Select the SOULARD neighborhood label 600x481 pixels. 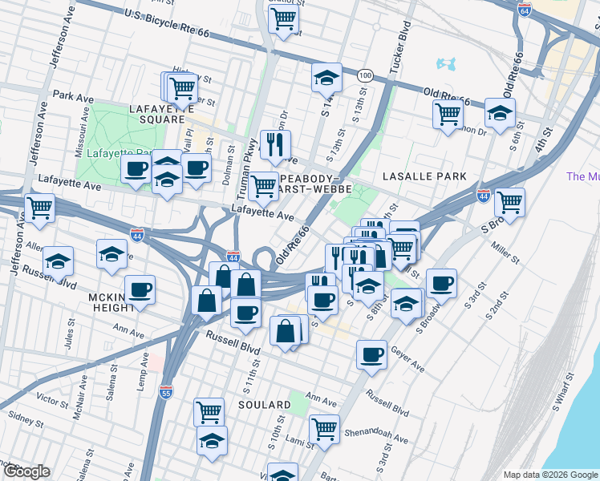(x=264, y=405)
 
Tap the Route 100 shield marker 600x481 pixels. (x=365, y=75)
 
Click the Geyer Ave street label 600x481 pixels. (x=407, y=358)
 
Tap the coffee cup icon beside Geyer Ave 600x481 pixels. (x=371, y=354)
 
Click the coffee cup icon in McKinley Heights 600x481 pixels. (x=140, y=289)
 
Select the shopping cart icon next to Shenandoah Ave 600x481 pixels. (x=324, y=428)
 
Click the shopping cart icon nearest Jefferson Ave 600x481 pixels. (x=39, y=208)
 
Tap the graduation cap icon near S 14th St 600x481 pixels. (x=326, y=78)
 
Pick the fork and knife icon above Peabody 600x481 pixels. (x=275, y=144)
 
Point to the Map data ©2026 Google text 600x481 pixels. (x=549, y=475)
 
